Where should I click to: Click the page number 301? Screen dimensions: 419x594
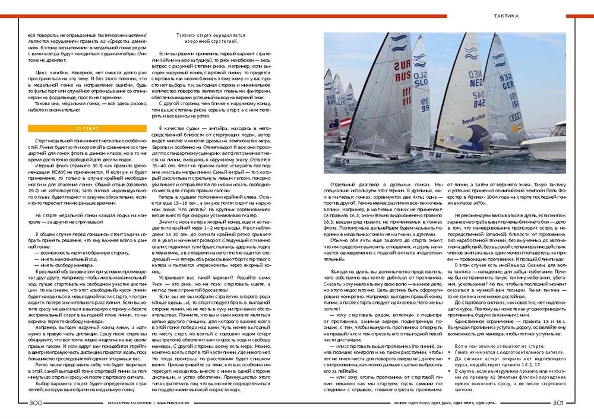[x=557, y=403]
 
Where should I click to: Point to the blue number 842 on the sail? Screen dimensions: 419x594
[x=479, y=103]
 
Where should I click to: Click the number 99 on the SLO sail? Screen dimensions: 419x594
[x=425, y=104]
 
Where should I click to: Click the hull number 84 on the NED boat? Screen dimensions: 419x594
[x=438, y=155]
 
